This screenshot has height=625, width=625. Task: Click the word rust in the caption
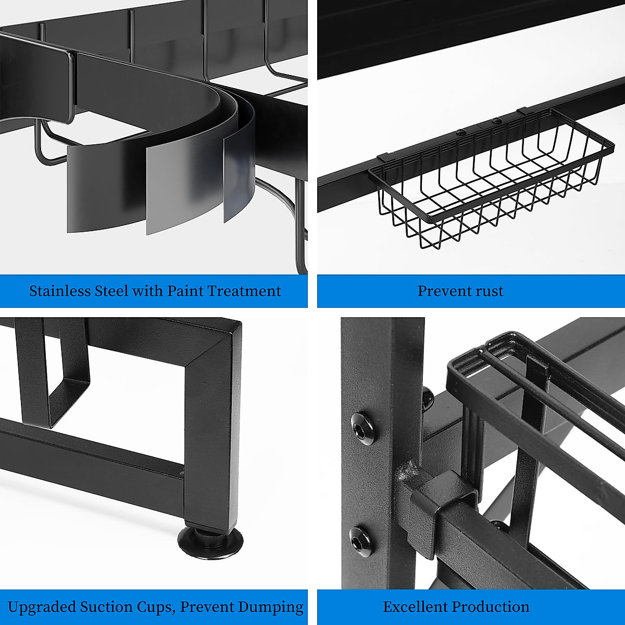pos(488,291)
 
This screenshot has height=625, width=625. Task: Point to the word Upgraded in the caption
pos(42,607)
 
